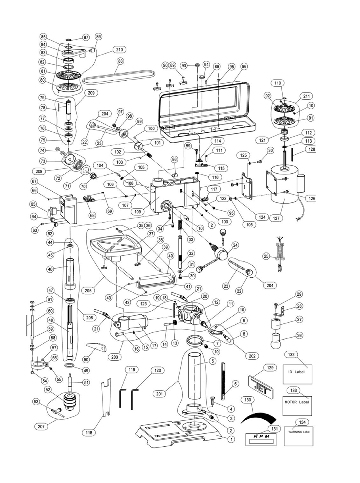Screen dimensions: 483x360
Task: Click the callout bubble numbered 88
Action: [120, 61]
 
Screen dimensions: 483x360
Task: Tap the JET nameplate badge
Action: [262, 386]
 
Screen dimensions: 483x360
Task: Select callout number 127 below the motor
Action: [278, 218]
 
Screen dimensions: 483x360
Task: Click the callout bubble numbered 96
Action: [244, 67]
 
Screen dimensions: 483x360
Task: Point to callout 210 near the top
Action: [119, 50]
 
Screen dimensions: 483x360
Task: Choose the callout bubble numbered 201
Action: [159, 393]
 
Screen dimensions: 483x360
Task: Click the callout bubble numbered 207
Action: [41, 426]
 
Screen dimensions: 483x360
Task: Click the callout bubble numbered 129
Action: [270, 368]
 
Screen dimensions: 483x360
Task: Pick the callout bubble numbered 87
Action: [86, 37]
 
